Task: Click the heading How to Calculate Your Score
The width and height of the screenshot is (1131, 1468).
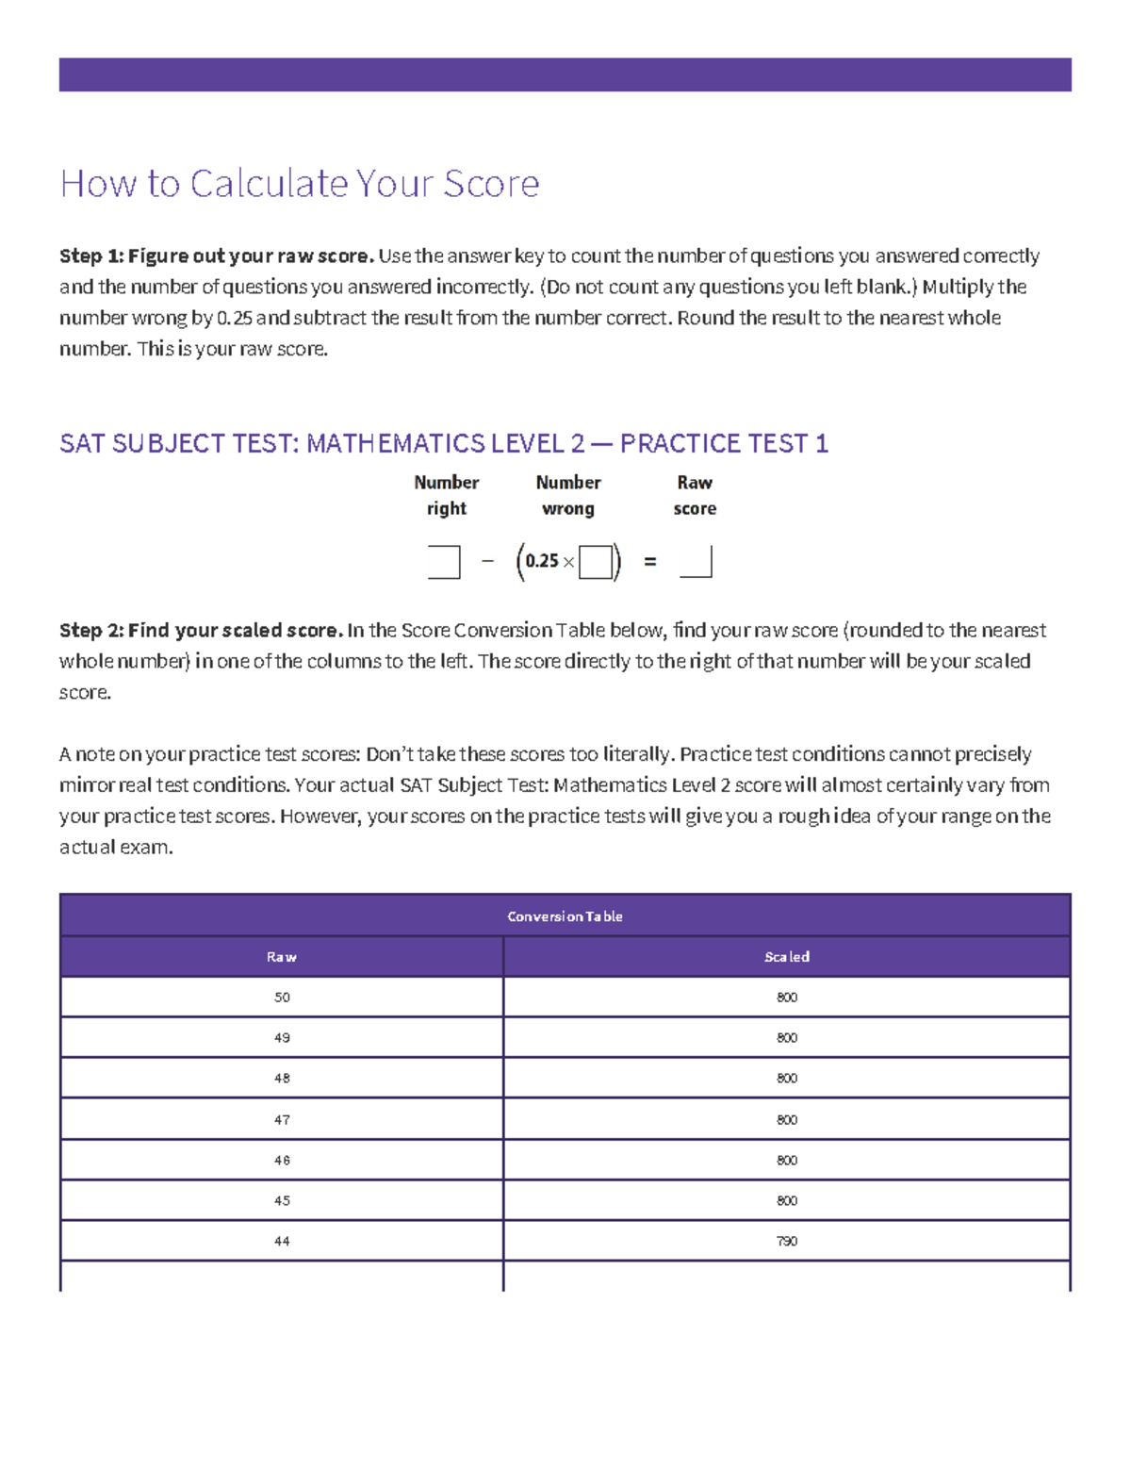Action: [300, 184]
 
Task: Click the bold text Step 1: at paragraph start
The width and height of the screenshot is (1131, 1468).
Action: [90, 256]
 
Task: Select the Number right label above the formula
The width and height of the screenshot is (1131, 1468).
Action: [447, 495]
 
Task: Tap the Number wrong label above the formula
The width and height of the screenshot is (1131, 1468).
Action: [568, 495]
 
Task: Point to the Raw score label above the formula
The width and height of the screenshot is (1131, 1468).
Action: [695, 495]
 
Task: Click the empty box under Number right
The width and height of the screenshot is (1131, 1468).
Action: [444, 562]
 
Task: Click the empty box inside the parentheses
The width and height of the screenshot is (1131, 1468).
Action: [595, 562]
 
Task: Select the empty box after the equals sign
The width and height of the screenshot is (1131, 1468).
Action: [696, 562]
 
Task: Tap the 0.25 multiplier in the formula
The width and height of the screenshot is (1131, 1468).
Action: [542, 561]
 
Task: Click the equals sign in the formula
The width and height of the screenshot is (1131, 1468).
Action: [649, 562]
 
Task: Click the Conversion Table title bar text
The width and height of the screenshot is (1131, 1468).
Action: [565, 916]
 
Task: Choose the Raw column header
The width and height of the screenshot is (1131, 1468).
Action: [282, 957]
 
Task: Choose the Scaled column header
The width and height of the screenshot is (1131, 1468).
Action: [787, 957]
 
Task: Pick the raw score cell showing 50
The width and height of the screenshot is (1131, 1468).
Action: [282, 998]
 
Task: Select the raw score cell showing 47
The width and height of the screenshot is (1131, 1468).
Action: [282, 1120]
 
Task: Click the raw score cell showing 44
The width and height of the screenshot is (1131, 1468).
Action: [282, 1242]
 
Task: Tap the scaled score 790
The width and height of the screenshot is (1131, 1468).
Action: [787, 1242]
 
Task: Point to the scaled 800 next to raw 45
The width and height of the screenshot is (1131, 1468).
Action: [787, 1201]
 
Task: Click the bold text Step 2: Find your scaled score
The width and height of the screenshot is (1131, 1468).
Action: [201, 631]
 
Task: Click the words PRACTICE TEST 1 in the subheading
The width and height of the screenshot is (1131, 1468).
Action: [724, 444]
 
